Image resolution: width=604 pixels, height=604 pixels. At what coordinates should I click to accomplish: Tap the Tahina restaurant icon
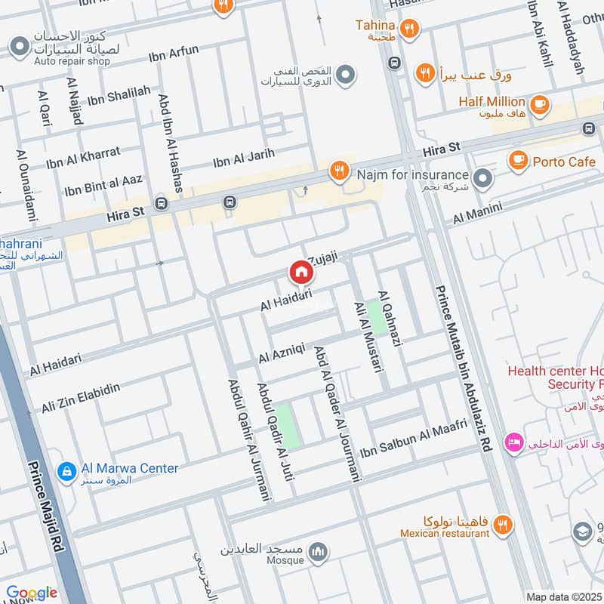pyautogui.click(x=409, y=29)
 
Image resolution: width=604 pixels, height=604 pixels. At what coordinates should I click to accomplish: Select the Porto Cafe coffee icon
pyautogui.click(x=518, y=159)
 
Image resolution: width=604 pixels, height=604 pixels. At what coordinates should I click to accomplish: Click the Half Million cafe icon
pyautogui.click(x=538, y=106)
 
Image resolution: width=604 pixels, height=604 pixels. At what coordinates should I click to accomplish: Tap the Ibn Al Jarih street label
pyautogui.click(x=243, y=157)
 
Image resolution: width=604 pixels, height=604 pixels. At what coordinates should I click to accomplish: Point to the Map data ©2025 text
pyautogui.click(x=564, y=597)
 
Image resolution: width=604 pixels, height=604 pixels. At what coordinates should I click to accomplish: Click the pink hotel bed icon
pyautogui.click(x=514, y=442)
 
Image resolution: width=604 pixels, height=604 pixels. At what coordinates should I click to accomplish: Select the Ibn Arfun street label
pyautogui.click(x=174, y=55)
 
